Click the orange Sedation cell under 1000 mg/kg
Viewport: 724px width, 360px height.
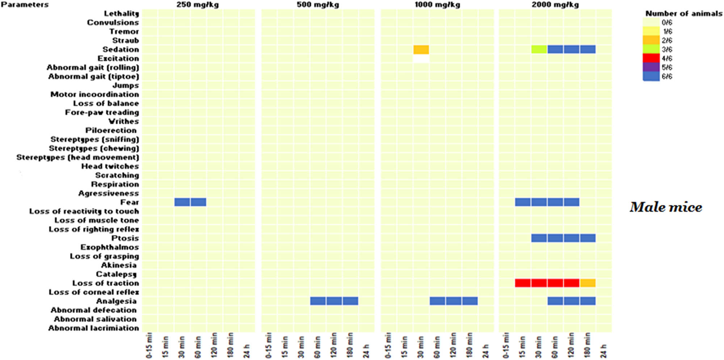tap(421, 50)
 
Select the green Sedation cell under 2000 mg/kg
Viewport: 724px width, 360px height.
tap(539, 50)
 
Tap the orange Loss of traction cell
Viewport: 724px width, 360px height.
tap(588, 283)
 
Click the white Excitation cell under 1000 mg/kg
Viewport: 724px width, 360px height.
tap(421, 59)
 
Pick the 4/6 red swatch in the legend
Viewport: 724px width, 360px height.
tap(651, 58)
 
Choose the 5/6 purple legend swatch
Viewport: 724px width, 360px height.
tap(651, 67)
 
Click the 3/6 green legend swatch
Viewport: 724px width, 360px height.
tap(651, 49)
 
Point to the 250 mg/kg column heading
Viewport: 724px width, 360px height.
tap(198, 5)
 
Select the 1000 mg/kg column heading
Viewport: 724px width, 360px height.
tap(437, 5)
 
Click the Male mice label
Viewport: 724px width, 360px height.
tap(665, 207)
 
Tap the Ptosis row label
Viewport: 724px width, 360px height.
tap(125, 238)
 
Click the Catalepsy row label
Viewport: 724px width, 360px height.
tap(116, 274)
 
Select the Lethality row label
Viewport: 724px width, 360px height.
tap(121, 14)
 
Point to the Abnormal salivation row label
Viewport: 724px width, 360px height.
tap(95, 319)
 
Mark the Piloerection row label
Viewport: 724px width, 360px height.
tap(111, 130)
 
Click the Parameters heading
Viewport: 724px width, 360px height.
tap(25, 5)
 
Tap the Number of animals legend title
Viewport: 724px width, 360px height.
tap(683, 13)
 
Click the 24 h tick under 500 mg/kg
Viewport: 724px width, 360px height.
tap(366, 351)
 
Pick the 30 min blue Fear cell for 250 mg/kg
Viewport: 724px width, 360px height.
tap(182, 202)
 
